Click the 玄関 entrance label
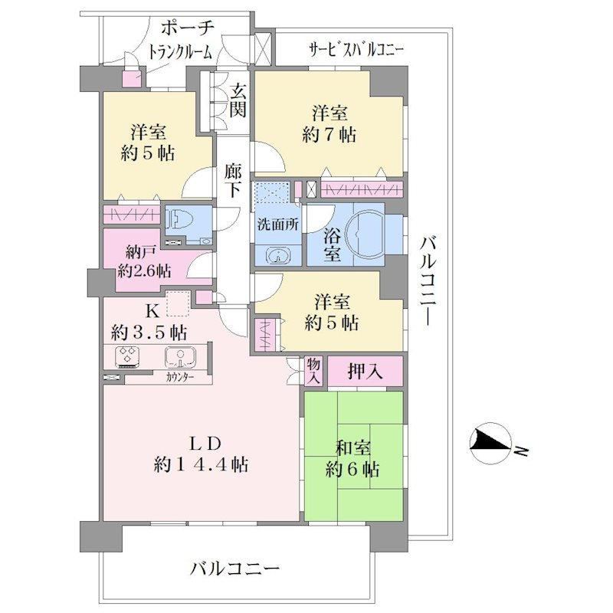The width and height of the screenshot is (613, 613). tap(238, 101)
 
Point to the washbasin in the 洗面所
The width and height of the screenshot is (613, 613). tap(278, 255)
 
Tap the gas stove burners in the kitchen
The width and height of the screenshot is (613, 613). tap(128, 356)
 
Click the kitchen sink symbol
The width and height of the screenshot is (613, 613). tap(180, 357)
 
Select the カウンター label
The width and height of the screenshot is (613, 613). tap(180, 377)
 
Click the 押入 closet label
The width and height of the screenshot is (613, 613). tap(366, 372)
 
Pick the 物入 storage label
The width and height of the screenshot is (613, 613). tap(313, 371)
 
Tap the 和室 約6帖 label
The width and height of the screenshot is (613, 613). tap(352, 458)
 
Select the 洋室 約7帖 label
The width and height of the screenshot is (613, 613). tap(329, 124)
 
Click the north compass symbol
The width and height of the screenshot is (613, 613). tap(491, 444)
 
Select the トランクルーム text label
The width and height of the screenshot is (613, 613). tap(181, 51)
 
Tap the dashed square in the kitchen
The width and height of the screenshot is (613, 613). tap(179, 303)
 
